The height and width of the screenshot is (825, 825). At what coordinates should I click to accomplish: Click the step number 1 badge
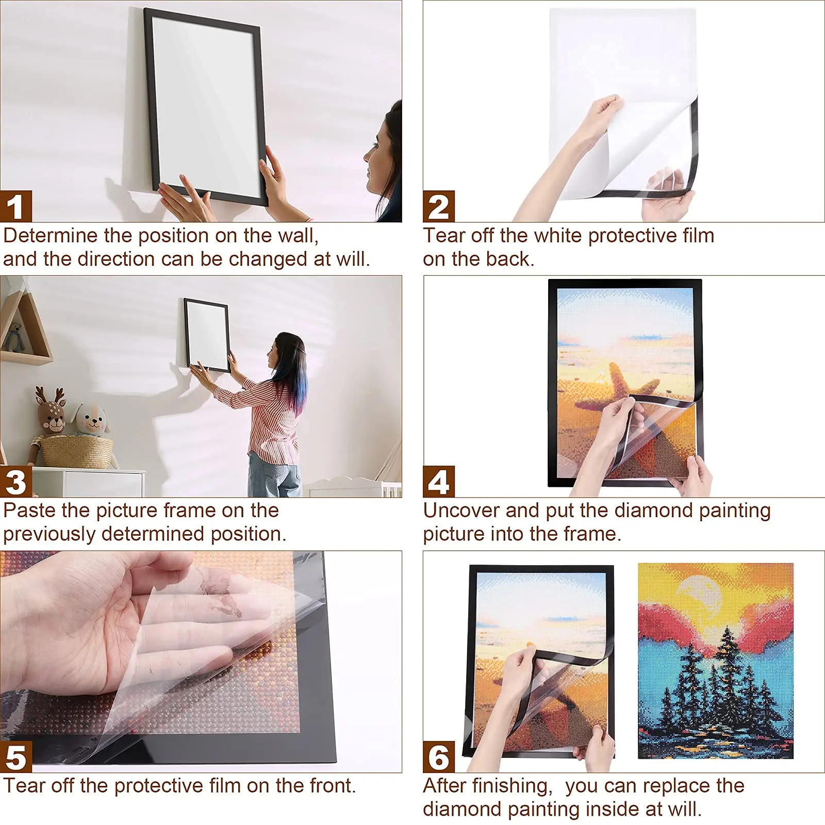pyautogui.click(x=16, y=206)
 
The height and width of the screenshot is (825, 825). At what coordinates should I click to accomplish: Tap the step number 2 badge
pyautogui.click(x=439, y=206)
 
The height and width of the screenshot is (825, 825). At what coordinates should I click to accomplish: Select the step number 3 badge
pyautogui.click(x=16, y=482)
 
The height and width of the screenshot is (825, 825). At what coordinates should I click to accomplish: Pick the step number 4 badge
pyautogui.click(x=439, y=482)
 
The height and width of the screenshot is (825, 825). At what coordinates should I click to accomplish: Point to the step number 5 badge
pyautogui.click(x=16, y=756)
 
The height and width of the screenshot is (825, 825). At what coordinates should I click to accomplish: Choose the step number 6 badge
pyautogui.click(x=439, y=756)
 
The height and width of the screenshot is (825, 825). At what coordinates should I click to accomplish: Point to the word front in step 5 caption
pyautogui.click(x=332, y=786)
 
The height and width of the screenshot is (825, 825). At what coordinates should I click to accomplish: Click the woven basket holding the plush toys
pyautogui.click(x=77, y=451)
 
